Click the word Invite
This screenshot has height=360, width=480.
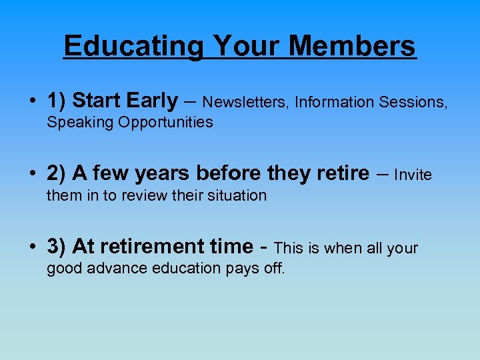point(413,175)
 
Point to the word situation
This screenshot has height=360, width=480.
point(235,195)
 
